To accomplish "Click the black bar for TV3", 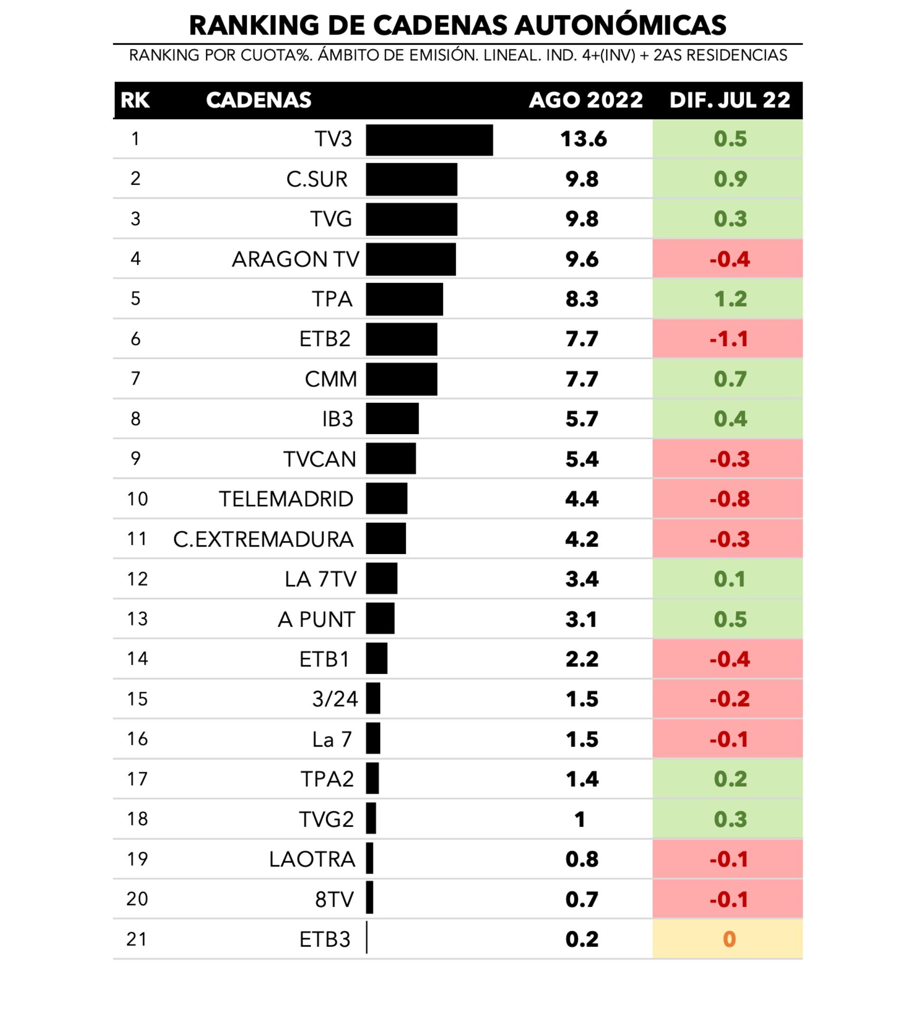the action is coord(429,140).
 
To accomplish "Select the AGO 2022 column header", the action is coord(585,100).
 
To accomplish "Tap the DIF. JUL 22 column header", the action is coord(729,100).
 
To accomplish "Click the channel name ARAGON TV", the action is coord(295,259).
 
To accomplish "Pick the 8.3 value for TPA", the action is coord(581,299).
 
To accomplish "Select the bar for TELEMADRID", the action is coord(386,498).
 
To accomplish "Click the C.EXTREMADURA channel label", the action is coord(263,539).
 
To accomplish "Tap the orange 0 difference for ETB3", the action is coord(729,939).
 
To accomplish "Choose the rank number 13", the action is coord(137,619).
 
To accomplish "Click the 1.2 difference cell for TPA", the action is coord(730,299).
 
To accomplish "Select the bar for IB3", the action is coord(392,419).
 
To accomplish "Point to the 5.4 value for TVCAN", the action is coord(581,459).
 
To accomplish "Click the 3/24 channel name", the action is coord(335,699).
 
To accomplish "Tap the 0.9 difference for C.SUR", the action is coord(730,179).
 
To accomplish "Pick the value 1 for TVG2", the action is coord(580,819).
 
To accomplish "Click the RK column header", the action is coord(135,100).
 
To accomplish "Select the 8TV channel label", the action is coord(335,899).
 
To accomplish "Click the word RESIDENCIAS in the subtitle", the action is coord(736,55).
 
